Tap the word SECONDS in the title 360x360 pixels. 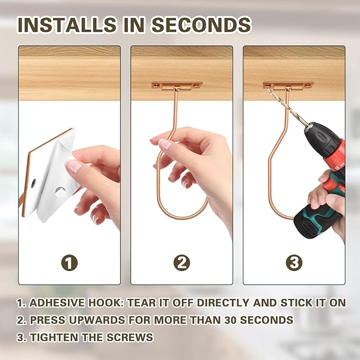click(x=202, y=25)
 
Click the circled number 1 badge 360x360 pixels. click(x=69, y=262)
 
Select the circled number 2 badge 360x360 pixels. click(x=181, y=262)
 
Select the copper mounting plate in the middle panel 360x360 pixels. click(x=176, y=85)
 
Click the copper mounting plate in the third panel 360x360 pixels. click(x=288, y=85)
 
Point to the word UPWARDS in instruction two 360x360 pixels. click(x=88, y=320)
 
